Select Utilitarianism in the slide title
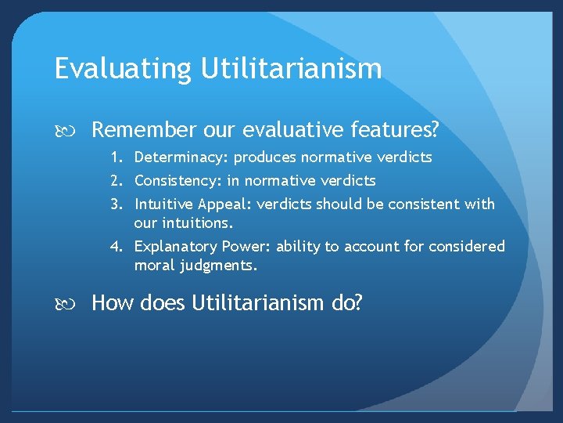click(291, 69)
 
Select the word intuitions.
click(199, 222)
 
